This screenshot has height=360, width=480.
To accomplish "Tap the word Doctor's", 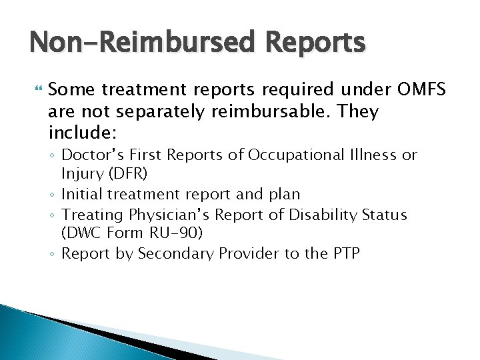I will point(93,155).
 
